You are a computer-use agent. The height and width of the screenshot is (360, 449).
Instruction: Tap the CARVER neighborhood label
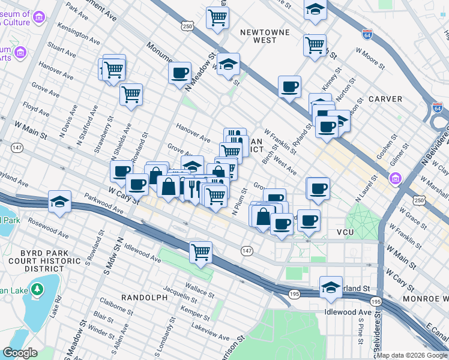coord(385,98)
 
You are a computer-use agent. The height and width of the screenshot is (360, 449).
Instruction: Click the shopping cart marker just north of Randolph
coord(200,251)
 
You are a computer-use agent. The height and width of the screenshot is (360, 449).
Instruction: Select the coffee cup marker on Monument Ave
coord(179,74)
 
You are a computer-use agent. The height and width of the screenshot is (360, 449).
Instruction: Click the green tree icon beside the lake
coord(37,290)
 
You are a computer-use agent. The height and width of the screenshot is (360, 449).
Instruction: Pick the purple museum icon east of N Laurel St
coord(396,178)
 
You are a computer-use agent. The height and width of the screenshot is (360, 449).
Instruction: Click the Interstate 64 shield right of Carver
coord(438,108)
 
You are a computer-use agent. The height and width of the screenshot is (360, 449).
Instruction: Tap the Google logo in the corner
coord(20,353)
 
